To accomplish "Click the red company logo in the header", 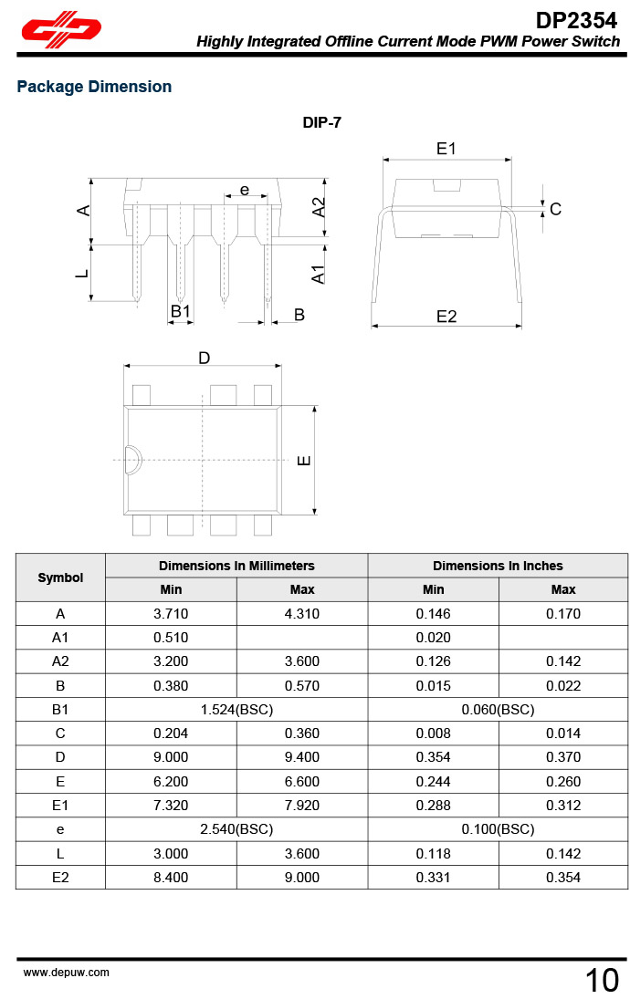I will click(61, 33).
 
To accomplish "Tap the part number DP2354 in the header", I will click(576, 20).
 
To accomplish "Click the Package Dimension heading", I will click(94, 87).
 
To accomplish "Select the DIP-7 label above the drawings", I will click(322, 122).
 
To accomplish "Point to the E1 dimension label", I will click(446, 149).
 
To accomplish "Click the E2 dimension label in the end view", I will click(446, 317).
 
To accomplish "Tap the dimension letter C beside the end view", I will click(555, 210).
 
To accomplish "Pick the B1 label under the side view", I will click(181, 312).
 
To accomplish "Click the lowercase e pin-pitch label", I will click(245, 190).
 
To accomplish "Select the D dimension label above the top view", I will click(205, 358).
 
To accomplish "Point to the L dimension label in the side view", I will click(82, 272).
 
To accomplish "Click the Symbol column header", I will click(60, 578).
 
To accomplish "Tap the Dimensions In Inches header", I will click(498, 566).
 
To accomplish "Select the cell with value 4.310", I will click(302, 614).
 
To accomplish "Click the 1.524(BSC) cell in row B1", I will click(236, 709).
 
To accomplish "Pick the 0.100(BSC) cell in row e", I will click(498, 829).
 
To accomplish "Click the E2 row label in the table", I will click(60, 877).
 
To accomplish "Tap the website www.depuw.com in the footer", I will click(66, 973).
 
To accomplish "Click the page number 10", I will click(602, 981).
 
